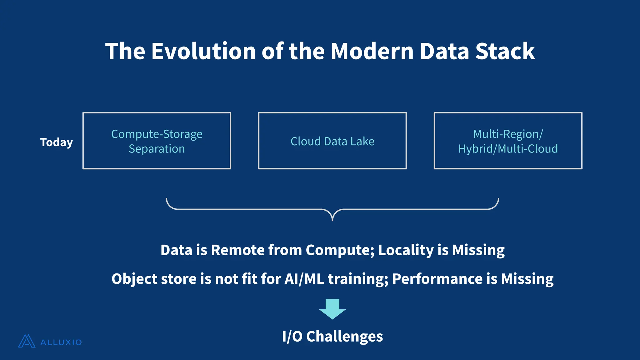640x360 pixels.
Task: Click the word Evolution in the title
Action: coord(203,51)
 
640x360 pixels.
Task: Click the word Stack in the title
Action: coord(505,51)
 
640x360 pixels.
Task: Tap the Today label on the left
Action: coord(57,142)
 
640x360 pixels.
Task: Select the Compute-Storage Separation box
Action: coord(157,141)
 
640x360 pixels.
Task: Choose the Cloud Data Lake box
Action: coord(332,141)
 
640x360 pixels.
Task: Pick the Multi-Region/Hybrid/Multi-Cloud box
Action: coord(508,141)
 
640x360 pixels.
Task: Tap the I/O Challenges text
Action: coord(332,337)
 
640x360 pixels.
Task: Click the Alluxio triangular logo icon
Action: coord(27,341)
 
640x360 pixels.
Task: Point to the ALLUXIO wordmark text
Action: coord(61,342)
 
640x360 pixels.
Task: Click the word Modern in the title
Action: coord(372,51)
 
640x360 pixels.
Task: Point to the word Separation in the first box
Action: coord(157,149)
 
